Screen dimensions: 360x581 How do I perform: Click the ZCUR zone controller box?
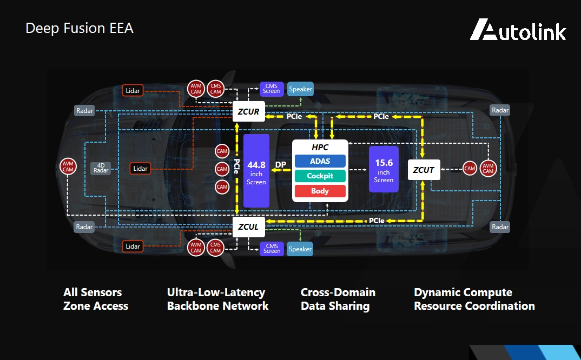click(249, 112)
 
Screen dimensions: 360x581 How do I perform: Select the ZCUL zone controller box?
click(249, 227)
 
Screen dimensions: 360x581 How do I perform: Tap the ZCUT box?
click(424, 170)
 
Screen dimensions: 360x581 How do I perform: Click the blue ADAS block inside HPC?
click(320, 161)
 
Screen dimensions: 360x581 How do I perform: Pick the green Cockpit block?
click(320, 176)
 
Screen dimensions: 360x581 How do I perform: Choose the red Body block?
click(320, 191)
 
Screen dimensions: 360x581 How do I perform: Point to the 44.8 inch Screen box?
click(256, 171)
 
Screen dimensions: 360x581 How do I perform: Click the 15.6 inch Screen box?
click(384, 169)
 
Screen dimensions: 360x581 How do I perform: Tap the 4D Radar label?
click(101, 168)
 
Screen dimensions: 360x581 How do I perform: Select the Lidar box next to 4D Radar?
click(141, 169)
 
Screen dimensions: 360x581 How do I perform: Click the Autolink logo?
click(518, 30)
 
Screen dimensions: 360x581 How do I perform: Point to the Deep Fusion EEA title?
click(80, 28)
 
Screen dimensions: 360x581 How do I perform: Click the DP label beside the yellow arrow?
click(281, 164)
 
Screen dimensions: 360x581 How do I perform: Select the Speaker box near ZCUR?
click(300, 89)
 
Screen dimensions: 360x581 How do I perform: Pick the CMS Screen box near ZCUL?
click(272, 249)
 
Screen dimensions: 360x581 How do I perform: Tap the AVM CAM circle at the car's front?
click(68, 167)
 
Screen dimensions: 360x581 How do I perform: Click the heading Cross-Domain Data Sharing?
click(338, 299)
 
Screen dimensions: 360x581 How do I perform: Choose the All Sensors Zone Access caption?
click(96, 299)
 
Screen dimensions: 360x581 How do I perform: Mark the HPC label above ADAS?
click(320, 148)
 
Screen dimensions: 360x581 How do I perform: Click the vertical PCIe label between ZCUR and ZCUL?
click(237, 169)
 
